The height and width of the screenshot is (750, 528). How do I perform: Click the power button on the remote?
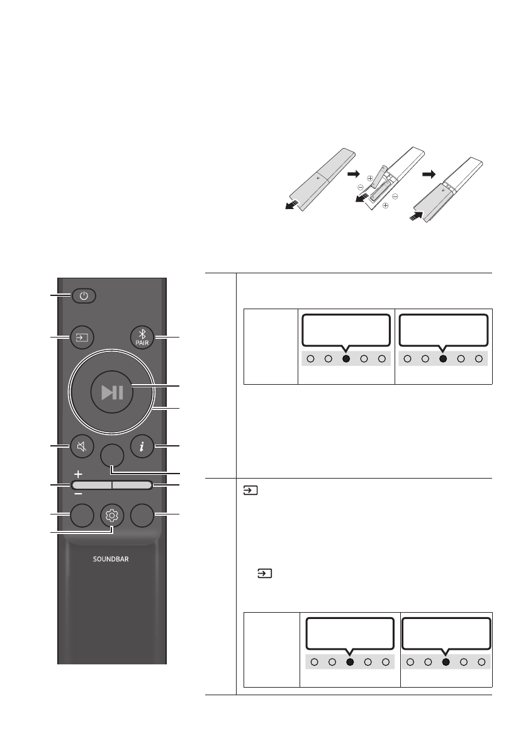[84, 295]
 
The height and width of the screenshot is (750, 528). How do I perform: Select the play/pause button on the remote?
[111, 392]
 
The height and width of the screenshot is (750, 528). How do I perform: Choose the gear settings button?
[111, 516]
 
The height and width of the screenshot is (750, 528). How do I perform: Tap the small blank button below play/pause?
[111, 453]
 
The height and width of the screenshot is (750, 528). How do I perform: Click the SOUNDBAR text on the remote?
[111, 559]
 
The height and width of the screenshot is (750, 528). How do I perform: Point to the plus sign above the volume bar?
[78, 473]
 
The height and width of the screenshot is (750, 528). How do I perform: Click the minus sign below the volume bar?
[78, 495]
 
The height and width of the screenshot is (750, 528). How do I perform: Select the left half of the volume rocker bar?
[91, 485]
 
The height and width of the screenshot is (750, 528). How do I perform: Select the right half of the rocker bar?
[132, 485]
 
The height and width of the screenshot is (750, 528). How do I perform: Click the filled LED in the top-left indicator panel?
[345, 359]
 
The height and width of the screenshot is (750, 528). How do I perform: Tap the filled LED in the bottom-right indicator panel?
[446, 661]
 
